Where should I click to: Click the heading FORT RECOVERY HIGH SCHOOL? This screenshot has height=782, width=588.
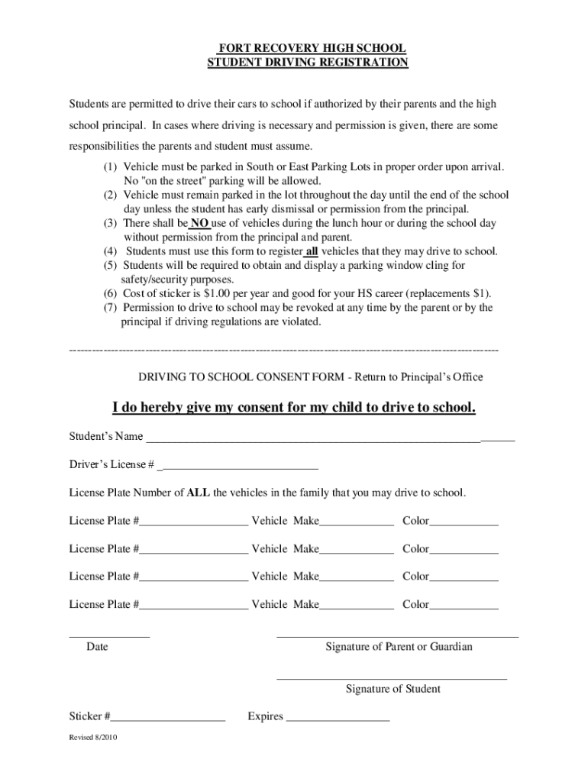pos(308,49)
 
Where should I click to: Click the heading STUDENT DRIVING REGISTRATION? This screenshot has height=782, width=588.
pos(308,63)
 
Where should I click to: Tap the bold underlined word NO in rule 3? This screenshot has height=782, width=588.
pos(199,224)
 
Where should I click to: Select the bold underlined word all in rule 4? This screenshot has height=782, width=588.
pos(312,251)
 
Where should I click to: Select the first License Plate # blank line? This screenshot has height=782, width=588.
pos(193,525)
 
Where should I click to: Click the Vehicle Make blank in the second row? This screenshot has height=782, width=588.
pos(356,552)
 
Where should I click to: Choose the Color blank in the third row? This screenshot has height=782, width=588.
pos(464,580)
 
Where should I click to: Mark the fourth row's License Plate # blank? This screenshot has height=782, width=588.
pos(193,608)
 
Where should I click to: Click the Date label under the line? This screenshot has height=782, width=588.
pos(97,647)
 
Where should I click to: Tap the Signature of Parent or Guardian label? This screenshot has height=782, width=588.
pos(399,647)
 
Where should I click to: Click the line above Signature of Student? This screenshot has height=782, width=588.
pos(392,677)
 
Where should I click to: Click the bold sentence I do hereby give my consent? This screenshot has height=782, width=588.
pos(294,408)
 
